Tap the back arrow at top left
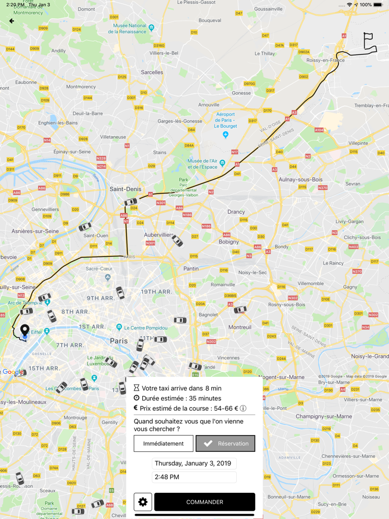[12, 21]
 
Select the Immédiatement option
[163, 443]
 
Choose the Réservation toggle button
[226, 443]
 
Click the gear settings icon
[143, 502]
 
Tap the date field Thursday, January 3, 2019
[194, 463]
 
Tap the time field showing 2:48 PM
[194, 477]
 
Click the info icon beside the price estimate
[243, 408]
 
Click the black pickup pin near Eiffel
[24, 331]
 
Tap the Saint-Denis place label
[126, 189]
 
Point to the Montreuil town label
[240, 327]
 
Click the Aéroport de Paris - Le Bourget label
[226, 120]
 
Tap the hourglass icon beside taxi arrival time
[137, 388]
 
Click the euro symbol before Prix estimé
[136, 408]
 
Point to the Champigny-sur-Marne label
[323, 416]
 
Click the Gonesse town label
[241, 93]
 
